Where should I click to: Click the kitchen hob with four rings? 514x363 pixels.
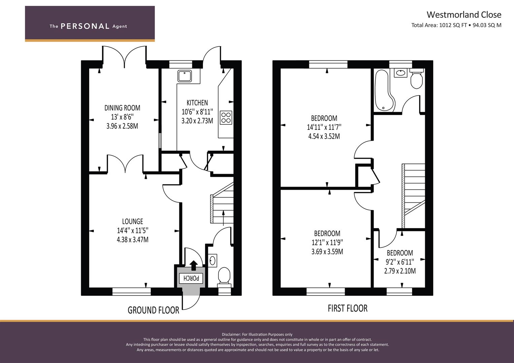click(226, 118)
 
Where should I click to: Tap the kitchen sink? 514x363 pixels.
click(184, 76)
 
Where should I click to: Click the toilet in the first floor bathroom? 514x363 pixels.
click(416, 78)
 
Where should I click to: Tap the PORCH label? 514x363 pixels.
click(191, 278)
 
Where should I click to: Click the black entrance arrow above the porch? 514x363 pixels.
click(194, 266)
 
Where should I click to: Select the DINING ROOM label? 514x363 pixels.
click(122, 108)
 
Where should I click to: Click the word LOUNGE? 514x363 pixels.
click(132, 221)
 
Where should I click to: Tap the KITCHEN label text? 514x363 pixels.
click(197, 103)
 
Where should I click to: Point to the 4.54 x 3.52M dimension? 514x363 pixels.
click(324, 136)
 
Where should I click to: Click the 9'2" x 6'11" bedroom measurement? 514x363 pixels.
click(400, 262)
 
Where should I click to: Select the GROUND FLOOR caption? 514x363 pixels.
click(153, 310)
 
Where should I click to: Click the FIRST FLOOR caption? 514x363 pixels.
click(348, 309)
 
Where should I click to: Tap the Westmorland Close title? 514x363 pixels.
click(464, 15)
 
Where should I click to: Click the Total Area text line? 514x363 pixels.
click(456, 25)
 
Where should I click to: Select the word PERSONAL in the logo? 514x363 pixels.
click(85, 26)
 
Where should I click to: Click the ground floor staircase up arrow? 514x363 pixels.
click(224, 218)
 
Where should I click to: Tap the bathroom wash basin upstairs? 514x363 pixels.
click(401, 73)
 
